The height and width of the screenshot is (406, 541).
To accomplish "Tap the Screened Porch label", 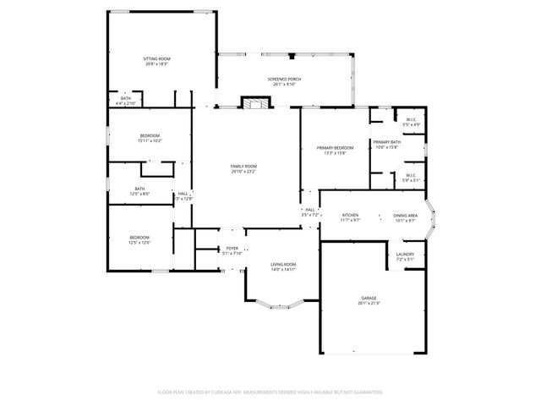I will pos(287,79).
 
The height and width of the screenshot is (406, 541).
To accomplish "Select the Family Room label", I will pos(243,166).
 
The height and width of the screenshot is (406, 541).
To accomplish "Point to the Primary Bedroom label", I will pos(335,148).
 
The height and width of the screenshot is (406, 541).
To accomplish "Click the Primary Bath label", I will pos(386,142).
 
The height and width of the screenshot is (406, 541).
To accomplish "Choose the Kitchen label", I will pos(350,216).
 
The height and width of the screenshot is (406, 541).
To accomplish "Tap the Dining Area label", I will pos(405,216).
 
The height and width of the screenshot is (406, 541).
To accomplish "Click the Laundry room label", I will pos(405,255).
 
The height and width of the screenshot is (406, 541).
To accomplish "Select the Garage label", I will pos(369,299).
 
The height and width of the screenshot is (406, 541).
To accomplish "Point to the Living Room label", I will pos(283,265).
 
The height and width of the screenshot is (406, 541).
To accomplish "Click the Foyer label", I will pos(232,248).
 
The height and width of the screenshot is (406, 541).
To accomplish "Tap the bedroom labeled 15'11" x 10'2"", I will pos(150,135).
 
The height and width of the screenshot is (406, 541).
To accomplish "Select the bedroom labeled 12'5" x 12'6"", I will pos(139,237).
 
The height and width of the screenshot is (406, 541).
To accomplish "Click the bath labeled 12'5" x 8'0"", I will pos(139,189).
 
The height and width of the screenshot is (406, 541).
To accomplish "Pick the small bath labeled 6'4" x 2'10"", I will pos(125,98).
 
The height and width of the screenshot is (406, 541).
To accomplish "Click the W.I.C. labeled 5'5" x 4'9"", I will pos(410,120).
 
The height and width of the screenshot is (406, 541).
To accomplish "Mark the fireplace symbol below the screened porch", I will pos(255,103).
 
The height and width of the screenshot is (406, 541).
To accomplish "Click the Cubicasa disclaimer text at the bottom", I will pos(270,392).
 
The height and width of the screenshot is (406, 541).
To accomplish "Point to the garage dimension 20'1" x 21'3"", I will pos(369,304).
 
